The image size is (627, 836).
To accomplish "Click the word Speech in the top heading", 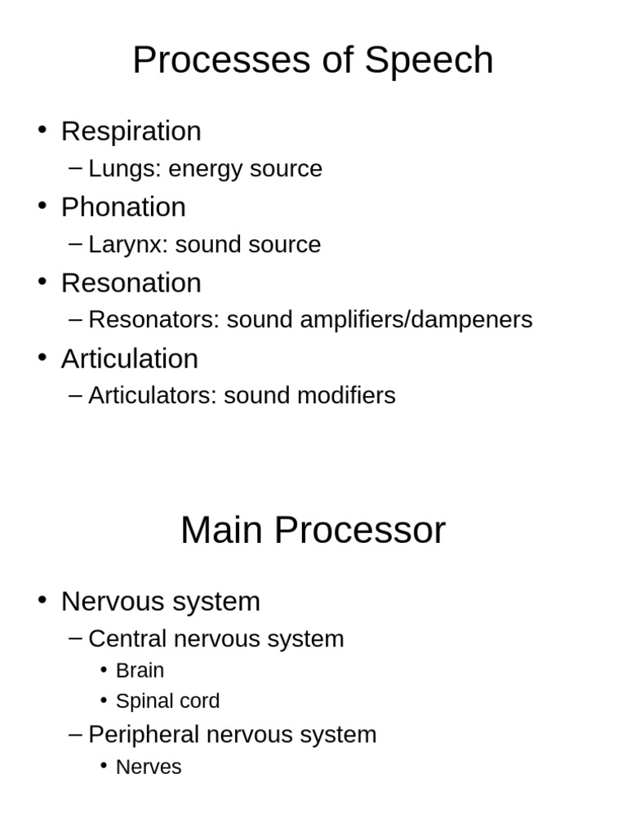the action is (x=429, y=60).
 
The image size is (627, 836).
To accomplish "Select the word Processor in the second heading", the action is (x=360, y=530).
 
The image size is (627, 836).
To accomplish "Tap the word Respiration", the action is (x=131, y=131).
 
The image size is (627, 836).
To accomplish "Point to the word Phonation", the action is (x=124, y=207).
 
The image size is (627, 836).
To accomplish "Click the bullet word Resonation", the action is (x=131, y=282).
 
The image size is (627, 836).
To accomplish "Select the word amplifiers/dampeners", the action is (x=416, y=320).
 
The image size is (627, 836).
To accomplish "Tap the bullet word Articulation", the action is (x=130, y=358).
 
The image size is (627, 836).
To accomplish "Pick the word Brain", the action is (x=140, y=671).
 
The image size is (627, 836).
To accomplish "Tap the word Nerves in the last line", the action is (x=149, y=767).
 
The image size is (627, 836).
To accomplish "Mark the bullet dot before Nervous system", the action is (x=42, y=600).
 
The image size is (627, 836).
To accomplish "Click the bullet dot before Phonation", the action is (x=42, y=205).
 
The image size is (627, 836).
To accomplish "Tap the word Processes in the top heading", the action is (x=221, y=60).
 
